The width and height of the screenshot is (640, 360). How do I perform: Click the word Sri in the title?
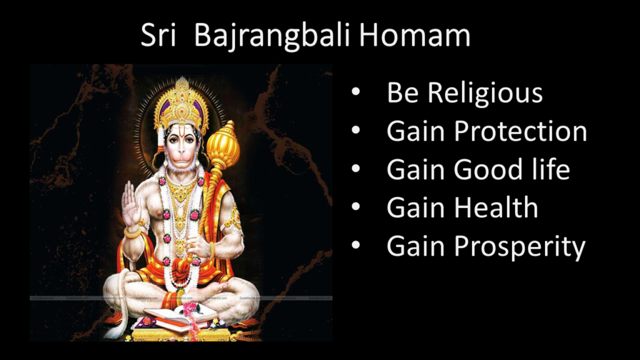pos(158,35)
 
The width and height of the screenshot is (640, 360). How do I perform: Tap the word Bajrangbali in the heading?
pos(272,36)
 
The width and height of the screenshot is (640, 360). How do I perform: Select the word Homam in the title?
pos(415,35)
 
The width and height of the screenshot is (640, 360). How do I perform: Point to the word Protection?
pos(521,131)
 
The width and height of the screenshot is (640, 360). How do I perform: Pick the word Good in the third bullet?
pos(488,169)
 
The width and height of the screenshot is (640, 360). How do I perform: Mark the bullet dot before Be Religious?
pos(356,91)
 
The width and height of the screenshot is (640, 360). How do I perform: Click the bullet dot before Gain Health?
pos(356,206)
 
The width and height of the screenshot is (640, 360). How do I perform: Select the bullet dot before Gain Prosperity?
pos(356,245)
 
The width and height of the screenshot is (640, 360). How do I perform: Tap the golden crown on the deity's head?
pos(182,104)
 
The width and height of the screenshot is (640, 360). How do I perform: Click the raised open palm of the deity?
pos(130,205)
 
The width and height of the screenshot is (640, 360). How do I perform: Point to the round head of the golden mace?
pos(223,146)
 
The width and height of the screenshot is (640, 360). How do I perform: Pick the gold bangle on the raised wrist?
pos(132,234)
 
